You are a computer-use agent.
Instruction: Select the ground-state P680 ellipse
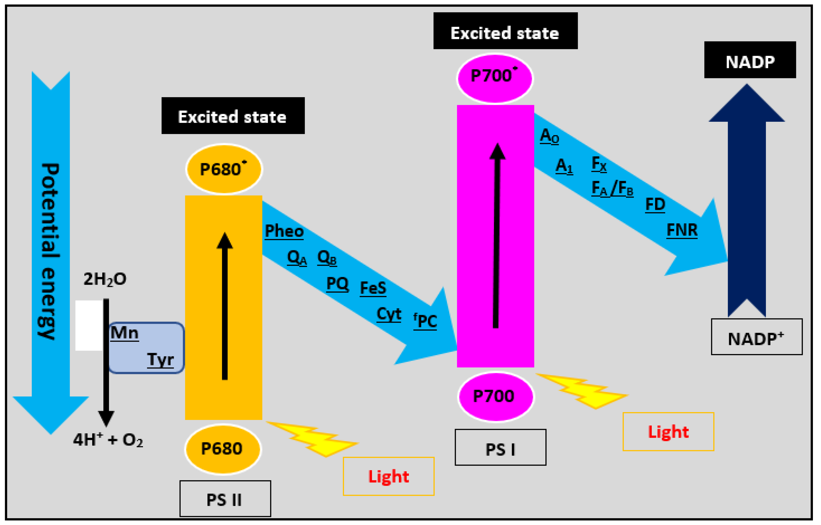click(x=223, y=449)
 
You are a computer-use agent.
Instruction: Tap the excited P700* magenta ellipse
click(x=494, y=78)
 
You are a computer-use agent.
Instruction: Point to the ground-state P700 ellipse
click(x=496, y=396)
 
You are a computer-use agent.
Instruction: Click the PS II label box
click(x=225, y=499)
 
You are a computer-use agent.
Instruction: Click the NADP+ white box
click(x=757, y=337)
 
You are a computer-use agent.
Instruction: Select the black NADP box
click(x=750, y=60)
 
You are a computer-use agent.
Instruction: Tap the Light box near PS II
click(x=388, y=476)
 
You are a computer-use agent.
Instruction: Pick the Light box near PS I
click(x=668, y=432)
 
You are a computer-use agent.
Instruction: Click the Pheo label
click(x=284, y=231)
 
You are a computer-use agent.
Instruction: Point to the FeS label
click(x=373, y=288)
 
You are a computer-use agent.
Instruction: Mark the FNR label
click(x=682, y=230)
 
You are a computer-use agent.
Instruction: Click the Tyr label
click(x=160, y=359)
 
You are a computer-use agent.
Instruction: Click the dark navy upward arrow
click(x=747, y=201)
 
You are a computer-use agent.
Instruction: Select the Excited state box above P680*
click(x=233, y=116)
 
